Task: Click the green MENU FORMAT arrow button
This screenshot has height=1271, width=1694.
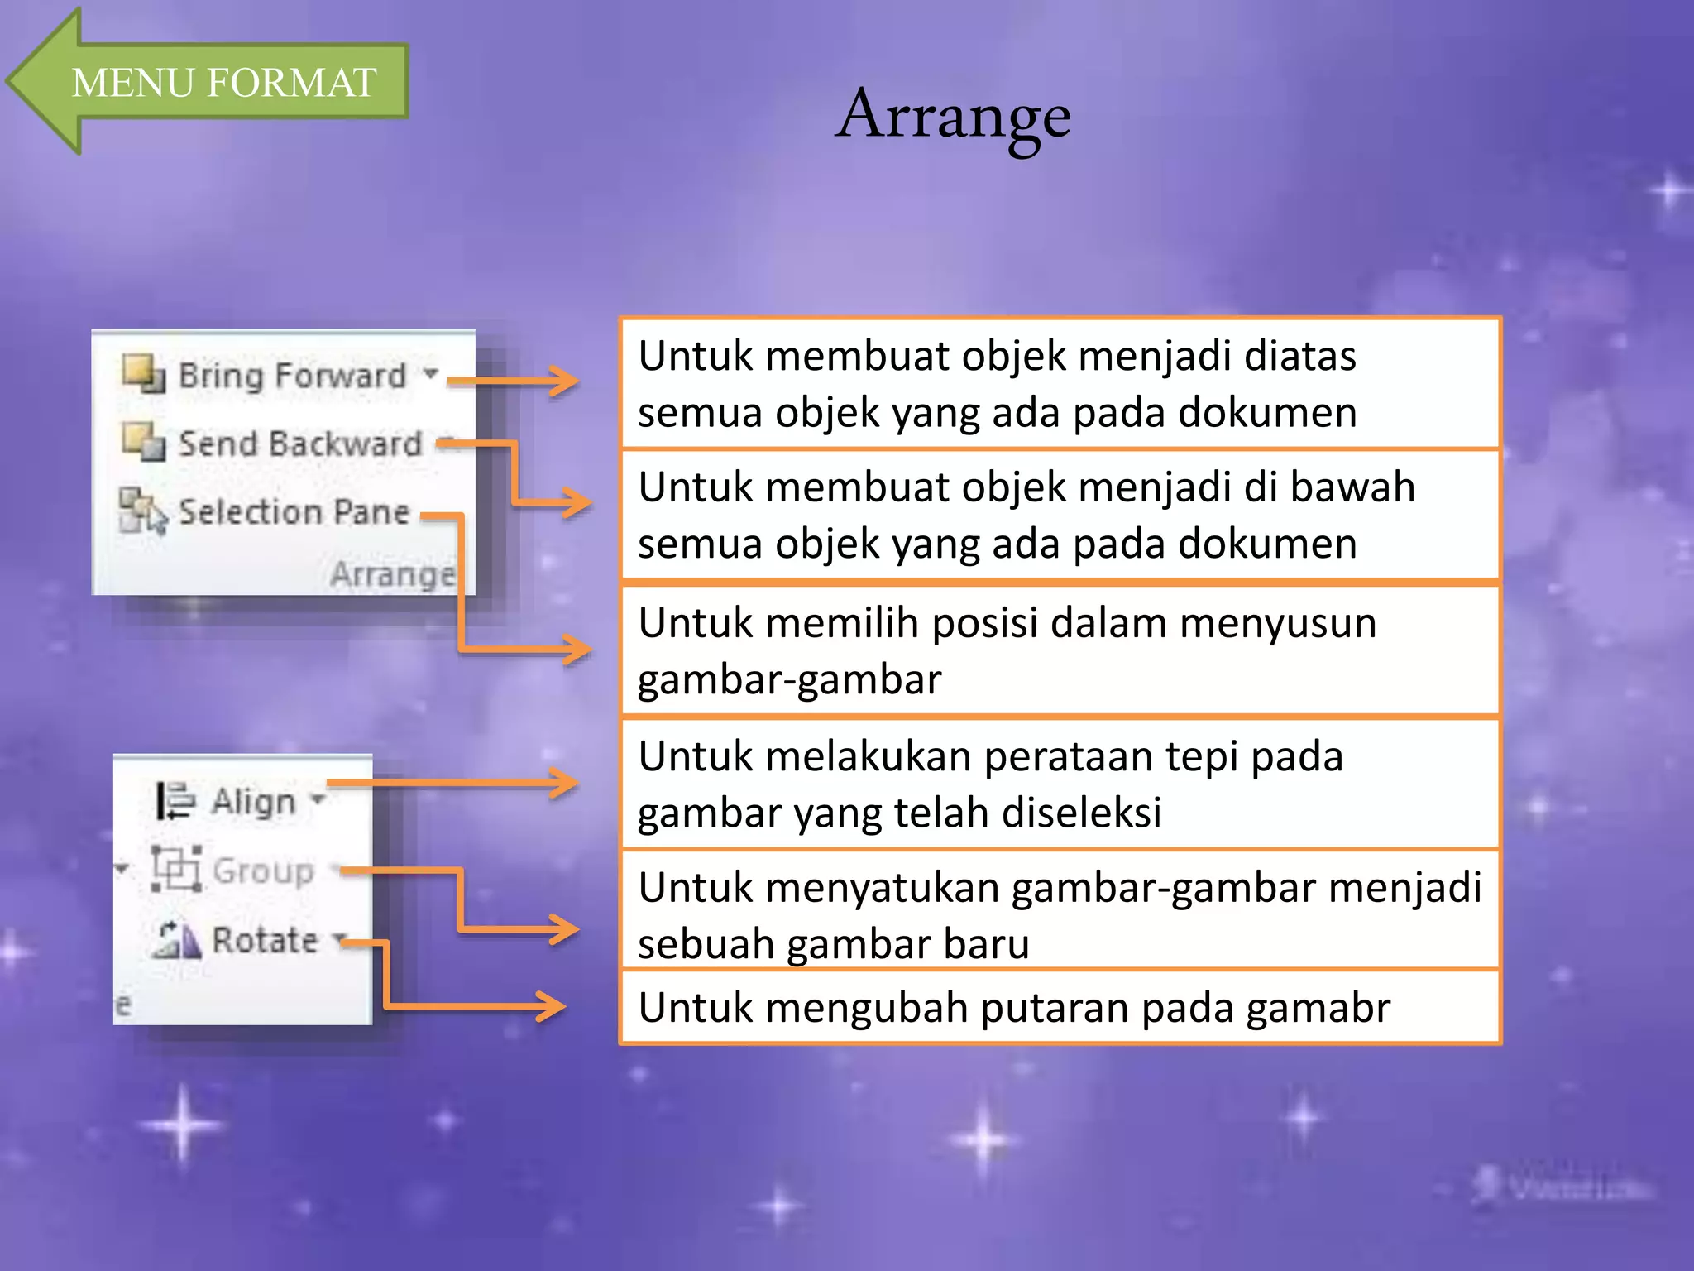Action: [x=223, y=82]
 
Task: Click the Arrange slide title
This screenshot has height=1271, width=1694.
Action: [x=953, y=116]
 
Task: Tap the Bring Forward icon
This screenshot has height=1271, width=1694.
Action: [x=143, y=372]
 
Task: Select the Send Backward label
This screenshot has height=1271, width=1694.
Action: [x=300, y=444]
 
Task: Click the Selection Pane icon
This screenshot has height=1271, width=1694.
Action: [x=141, y=510]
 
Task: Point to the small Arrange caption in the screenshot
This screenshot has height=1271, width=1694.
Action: [x=392, y=573]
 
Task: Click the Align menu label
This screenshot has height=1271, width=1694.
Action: [x=253, y=801]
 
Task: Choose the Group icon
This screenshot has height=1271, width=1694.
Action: [x=176, y=869]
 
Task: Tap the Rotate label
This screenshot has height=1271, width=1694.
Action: [x=265, y=940]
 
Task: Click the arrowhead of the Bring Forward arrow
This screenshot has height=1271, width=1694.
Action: [x=565, y=381]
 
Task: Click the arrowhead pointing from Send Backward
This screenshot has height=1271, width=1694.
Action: [x=577, y=502]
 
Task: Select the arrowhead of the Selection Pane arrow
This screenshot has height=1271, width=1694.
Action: [x=577, y=649]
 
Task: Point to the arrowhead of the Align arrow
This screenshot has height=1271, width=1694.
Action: [x=565, y=783]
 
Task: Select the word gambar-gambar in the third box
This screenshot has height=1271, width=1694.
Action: [x=789, y=680]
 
